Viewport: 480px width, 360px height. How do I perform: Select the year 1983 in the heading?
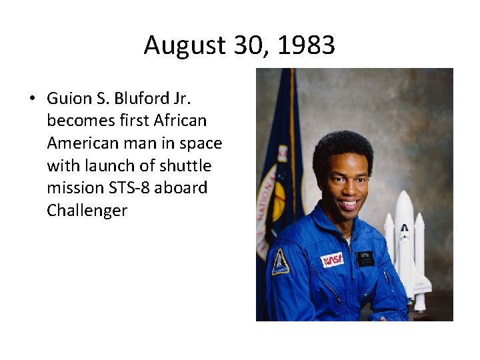coord(306,46)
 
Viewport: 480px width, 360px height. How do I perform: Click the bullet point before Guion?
coord(32,99)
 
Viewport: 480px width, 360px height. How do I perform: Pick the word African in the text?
coord(180,121)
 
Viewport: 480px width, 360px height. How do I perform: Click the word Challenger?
coord(87,211)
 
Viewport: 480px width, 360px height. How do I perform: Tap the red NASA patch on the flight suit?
coord(332,259)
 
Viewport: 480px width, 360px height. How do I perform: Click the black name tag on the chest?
coord(365,258)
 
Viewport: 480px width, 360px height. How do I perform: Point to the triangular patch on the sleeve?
coord(281,261)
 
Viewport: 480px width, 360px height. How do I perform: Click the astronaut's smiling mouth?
coord(348,205)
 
